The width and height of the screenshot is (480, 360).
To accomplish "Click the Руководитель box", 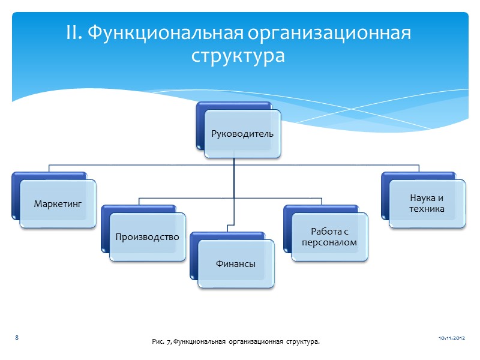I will coord(242,133).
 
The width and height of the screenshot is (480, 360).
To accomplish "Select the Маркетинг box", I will coord(58,204).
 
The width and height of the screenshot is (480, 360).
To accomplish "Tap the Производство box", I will coord(148,237).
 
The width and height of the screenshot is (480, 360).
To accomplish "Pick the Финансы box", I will coord(236,263).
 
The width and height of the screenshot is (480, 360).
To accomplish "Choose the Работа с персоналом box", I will coord(330,237).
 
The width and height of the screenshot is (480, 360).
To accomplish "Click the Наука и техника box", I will coord(427,203).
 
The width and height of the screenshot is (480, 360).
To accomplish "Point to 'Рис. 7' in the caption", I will coord(163,341).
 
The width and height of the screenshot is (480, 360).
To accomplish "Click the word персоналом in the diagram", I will coord(330,242).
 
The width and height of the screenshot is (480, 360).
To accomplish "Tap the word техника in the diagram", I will coord(427,209).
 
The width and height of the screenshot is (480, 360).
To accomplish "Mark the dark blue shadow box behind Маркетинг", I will coord(14,195).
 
